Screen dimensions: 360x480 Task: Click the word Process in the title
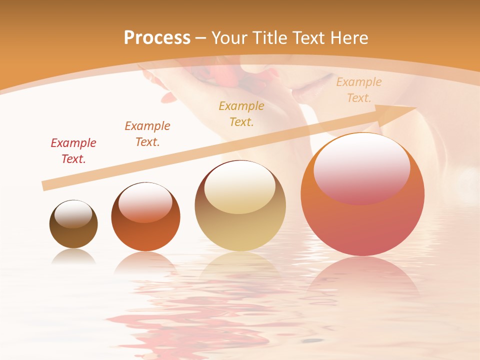coord(157,38)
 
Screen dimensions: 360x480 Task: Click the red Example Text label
coord(73,151)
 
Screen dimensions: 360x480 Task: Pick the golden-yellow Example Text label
coord(241,113)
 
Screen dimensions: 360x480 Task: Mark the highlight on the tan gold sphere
coord(240,187)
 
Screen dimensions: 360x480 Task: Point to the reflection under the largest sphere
coord(362,275)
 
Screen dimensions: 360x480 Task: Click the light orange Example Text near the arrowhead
coord(359,90)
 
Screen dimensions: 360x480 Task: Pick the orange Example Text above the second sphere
coord(147,134)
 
